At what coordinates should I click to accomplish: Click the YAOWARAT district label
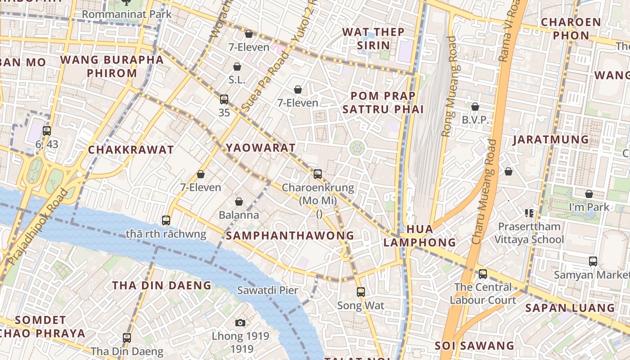pos(261,148)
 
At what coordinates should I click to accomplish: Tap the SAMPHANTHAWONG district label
pos(290,235)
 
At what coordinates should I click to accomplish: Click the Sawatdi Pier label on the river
pos(268,290)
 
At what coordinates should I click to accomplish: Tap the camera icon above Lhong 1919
pos(240,323)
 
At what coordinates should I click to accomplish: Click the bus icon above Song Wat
pos(360,292)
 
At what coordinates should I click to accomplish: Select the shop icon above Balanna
pos(239,202)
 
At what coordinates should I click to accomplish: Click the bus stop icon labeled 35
pos(224,99)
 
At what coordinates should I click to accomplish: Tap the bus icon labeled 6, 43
pos(47,131)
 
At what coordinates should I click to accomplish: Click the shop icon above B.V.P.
pos(475,107)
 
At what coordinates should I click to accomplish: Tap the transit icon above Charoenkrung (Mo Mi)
pos(318,174)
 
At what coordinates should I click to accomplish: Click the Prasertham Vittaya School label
pos(529,233)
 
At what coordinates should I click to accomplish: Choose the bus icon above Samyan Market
pos(593,261)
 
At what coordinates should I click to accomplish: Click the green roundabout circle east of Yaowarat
pos(357,148)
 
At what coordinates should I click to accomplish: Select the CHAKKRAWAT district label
pos(131,150)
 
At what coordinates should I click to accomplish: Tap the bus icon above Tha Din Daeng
pos(127,337)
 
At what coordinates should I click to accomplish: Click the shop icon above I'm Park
pos(589,194)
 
